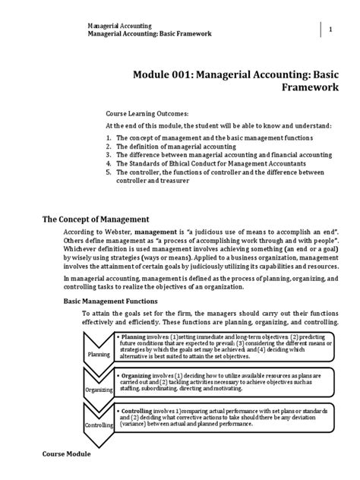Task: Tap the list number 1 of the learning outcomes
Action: click(x=109, y=136)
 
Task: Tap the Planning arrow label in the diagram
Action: click(x=99, y=354)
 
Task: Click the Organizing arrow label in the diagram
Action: click(x=99, y=390)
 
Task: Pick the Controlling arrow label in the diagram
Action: click(x=99, y=425)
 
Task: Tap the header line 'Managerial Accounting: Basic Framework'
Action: click(x=150, y=34)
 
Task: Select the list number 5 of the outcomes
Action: click(x=109, y=172)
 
